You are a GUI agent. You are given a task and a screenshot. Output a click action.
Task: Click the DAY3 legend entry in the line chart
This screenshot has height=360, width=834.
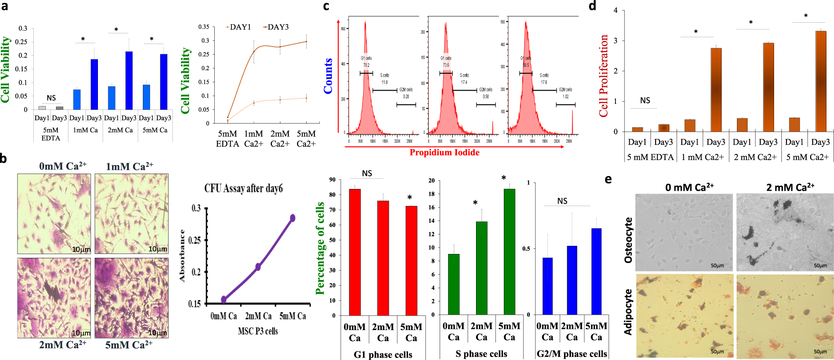click(x=278, y=27)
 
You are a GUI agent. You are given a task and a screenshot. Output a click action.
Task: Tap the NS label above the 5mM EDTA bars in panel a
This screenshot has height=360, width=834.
click(x=51, y=98)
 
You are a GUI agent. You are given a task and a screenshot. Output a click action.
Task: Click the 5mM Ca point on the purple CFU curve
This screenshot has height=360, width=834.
click(x=293, y=218)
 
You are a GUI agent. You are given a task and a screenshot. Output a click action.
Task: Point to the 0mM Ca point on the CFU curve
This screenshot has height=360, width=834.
click(x=224, y=299)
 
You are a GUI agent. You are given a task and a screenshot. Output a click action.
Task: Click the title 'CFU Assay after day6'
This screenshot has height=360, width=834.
click(x=243, y=188)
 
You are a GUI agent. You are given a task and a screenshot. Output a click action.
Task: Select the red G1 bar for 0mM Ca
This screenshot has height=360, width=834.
click(x=355, y=252)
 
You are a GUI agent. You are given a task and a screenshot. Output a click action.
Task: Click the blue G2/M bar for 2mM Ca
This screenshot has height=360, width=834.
click(x=572, y=280)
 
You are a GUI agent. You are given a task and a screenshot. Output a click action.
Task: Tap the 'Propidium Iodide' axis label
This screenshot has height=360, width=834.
click(x=444, y=153)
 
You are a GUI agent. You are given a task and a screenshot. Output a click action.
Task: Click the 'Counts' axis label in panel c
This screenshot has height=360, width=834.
click(x=328, y=76)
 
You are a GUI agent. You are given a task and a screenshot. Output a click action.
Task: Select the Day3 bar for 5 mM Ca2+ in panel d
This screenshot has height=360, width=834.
click(x=820, y=81)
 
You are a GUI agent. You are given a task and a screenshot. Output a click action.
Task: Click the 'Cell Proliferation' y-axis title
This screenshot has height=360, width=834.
click(x=603, y=76)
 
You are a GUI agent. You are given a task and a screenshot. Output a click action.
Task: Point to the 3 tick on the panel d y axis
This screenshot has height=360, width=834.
click(x=615, y=41)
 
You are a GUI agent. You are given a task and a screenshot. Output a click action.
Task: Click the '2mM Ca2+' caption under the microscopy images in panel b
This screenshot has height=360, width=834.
click(x=62, y=345)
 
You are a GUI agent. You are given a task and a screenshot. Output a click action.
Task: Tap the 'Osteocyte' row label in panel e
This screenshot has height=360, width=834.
click(x=628, y=240)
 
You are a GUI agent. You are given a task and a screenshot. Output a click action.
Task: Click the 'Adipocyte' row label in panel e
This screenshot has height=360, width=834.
click(x=628, y=312)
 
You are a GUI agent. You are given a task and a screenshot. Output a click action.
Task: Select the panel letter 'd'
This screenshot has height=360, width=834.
click(x=592, y=6)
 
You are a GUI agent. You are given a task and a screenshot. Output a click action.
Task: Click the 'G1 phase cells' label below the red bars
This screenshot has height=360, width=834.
click(x=383, y=354)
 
